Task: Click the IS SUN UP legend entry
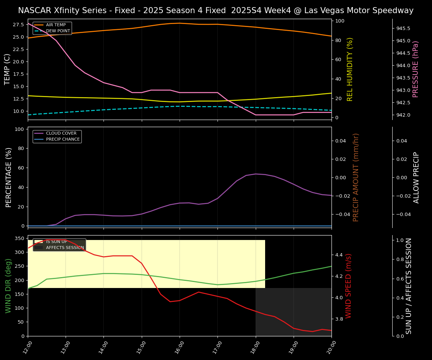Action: point(56,242)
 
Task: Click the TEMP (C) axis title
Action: point(7,69)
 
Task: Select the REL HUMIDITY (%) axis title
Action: point(350,69)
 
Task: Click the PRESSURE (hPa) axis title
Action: point(415,69)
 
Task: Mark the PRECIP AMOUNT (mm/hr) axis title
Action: point(356,177)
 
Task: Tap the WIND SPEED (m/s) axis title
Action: point(349,285)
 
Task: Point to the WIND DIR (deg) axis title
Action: point(8,285)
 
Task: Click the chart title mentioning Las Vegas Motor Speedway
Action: point(216,10)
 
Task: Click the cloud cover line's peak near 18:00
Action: point(255,174)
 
